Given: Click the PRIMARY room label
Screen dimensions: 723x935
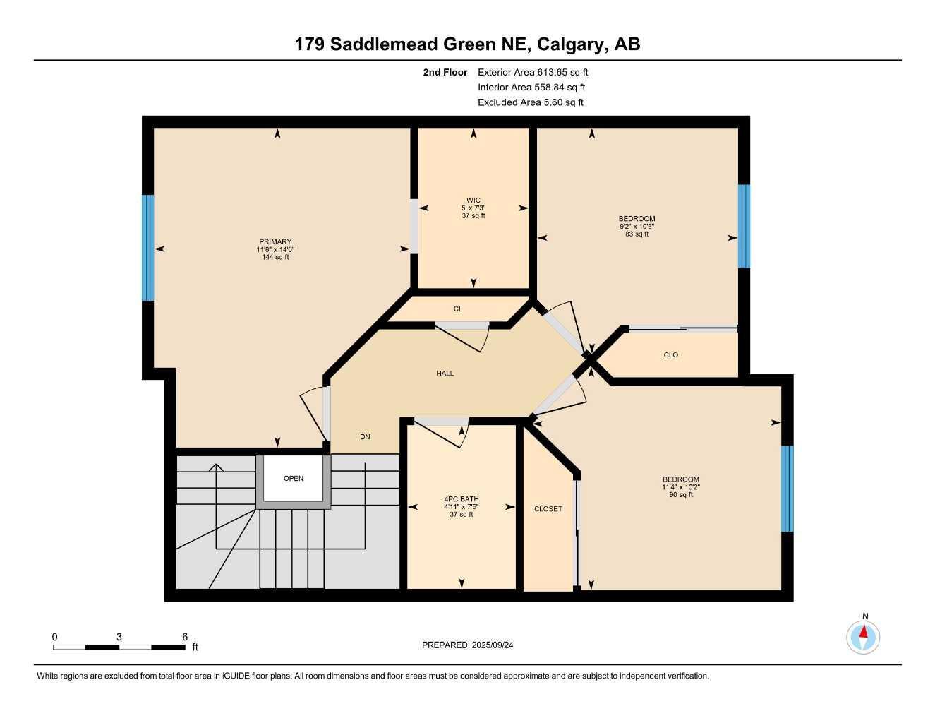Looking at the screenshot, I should (275, 242).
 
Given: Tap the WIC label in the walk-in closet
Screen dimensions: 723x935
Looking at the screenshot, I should (473, 201).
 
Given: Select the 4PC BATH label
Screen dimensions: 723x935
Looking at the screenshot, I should (462, 499).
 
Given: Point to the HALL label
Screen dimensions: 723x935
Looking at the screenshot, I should (445, 374).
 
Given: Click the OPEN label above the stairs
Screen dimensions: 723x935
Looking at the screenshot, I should (294, 479).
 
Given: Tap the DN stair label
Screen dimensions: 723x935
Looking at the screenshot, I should (365, 437).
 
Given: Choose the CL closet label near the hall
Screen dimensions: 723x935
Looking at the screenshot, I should (458, 309).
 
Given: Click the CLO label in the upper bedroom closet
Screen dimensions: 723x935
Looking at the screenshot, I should (671, 355).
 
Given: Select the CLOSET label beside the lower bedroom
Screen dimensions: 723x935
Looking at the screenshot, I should (548, 509).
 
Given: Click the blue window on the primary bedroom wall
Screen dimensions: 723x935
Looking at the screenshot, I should (148, 248).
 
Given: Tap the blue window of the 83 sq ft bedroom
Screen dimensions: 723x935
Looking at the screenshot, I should (744, 226).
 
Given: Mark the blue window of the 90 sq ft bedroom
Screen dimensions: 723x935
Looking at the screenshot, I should (788, 489).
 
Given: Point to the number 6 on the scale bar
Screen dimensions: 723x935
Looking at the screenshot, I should (185, 637).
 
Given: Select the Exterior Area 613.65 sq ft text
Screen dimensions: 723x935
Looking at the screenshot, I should (533, 72).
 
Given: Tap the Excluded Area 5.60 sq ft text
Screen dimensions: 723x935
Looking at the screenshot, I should (531, 102).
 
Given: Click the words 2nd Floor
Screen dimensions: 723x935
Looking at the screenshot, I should (445, 72).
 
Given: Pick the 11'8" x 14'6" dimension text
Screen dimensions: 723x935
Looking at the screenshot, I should (275, 250).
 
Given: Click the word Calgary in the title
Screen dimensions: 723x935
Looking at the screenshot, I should (571, 44).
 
